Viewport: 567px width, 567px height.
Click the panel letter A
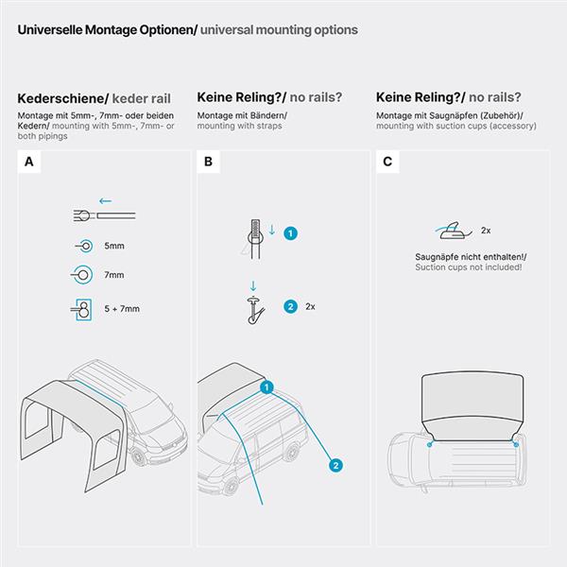point(29,162)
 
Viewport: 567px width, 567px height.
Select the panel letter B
point(208,162)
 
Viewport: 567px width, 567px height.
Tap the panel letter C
point(387,162)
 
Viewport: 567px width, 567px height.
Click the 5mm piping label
point(114,246)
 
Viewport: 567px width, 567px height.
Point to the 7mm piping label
point(114,275)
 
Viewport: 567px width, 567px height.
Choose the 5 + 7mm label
point(122,309)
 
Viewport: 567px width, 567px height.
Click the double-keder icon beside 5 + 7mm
point(81,310)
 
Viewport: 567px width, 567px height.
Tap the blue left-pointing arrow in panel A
point(105,201)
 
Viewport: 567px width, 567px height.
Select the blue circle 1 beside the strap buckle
point(290,233)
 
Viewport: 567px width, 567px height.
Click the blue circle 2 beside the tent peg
point(290,306)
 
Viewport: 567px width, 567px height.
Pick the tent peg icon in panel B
point(255,310)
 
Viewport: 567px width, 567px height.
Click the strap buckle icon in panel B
point(255,239)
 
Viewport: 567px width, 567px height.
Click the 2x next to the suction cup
point(486,231)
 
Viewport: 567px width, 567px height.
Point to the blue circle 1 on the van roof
point(266,387)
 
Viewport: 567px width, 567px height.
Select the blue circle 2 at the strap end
point(335,465)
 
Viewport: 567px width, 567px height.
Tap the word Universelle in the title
point(50,29)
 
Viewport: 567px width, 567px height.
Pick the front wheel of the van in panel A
point(139,456)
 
